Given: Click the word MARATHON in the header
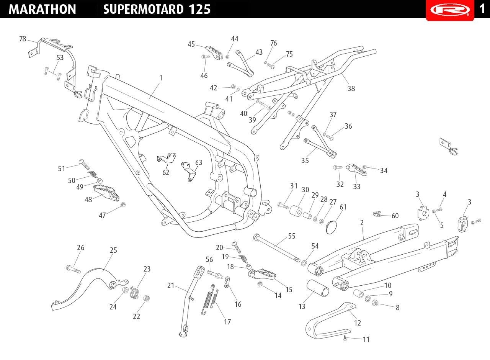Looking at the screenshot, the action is click(42, 9).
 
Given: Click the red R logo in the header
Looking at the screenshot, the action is click(450, 10).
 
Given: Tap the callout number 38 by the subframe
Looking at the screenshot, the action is click(351, 88).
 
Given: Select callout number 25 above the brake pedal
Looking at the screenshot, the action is click(113, 250).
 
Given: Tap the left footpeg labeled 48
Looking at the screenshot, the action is click(106, 192).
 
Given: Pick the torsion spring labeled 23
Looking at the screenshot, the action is click(134, 293).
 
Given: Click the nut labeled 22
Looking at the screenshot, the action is click(146, 298).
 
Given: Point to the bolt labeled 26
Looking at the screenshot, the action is click(73, 269).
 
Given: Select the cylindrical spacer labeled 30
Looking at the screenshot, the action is click(296, 210).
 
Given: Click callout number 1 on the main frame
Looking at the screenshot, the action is click(161, 78).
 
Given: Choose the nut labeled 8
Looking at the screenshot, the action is click(375, 303).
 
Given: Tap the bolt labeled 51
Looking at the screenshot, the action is click(84, 164).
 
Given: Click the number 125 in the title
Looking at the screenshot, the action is click(199, 9).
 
